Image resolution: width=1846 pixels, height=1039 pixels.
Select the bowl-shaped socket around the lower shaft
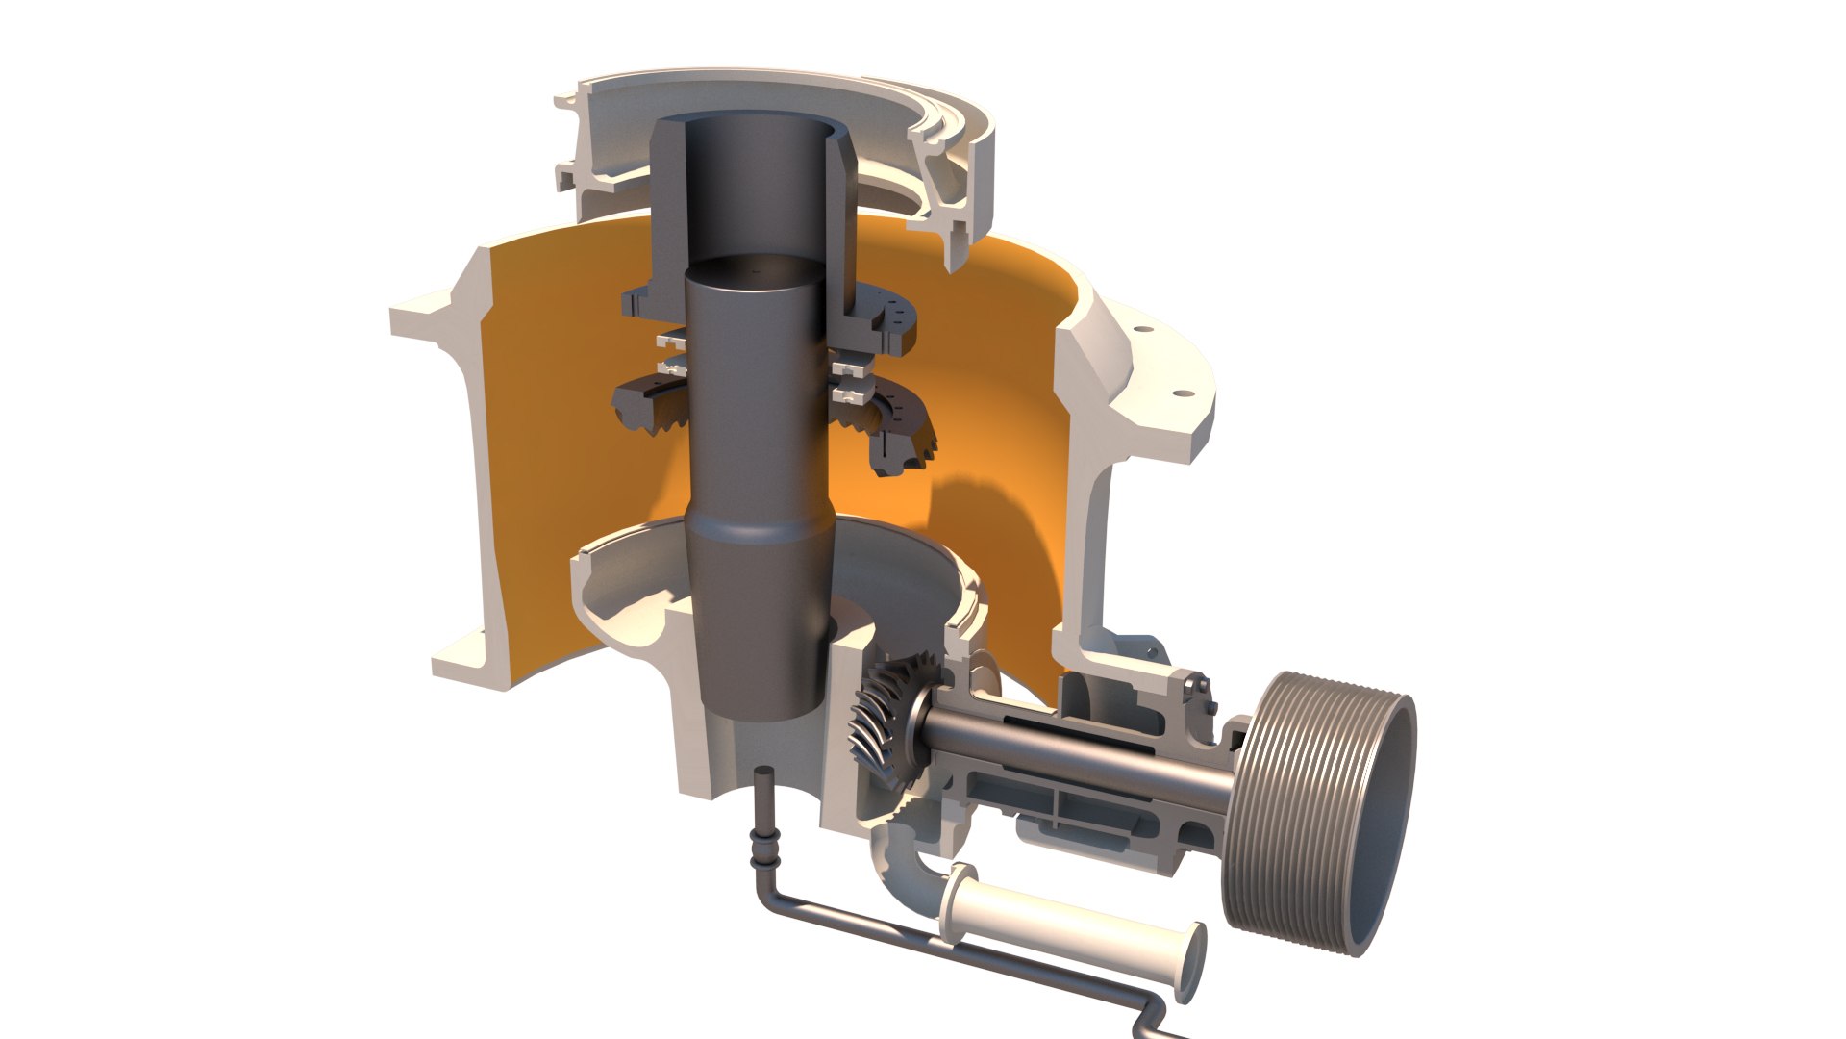(x=635, y=596)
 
